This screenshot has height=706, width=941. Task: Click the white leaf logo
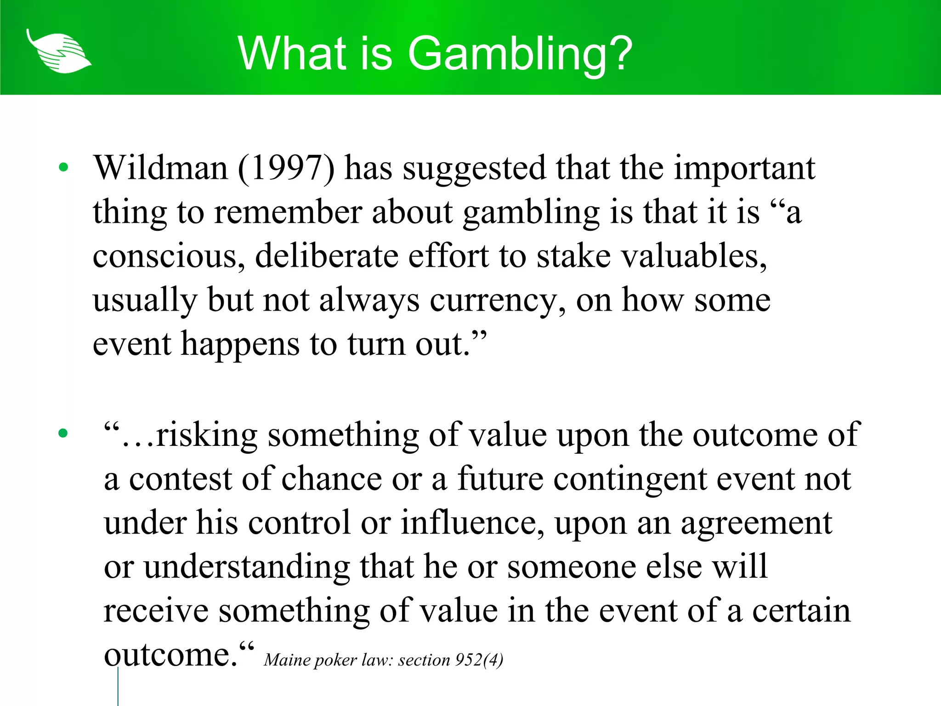point(58,51)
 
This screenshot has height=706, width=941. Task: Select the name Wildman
point(161,168)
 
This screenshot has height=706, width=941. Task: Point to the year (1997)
point(286,168)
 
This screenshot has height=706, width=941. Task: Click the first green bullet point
point(63,167)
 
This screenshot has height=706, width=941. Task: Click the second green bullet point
point(63,433)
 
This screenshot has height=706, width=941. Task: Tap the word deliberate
point(327,256)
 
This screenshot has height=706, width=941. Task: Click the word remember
point(288,212)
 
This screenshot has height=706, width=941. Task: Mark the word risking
point(206,435)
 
